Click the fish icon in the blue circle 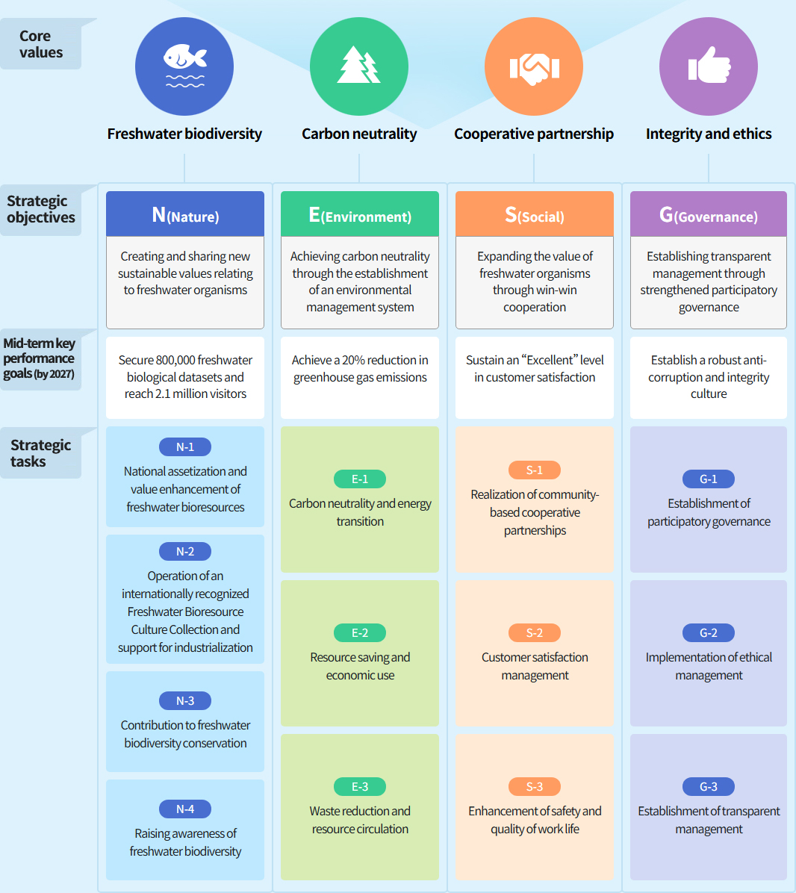[x=184, y=65]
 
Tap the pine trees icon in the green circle [x=359, y=65]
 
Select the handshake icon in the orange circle [x=534, y=67]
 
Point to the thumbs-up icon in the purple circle [x=709, y=66]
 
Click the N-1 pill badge [x=185, y=446]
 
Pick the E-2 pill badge [x=360, y=632]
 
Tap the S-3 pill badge [x=535, y=786]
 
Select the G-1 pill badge [x=709, y=479]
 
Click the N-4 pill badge [x=185, y=809]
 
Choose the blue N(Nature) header [x=185, y=215]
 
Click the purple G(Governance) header [x=709, y=215]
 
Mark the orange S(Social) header [x=535, y=215]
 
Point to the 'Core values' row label [x=40, y=44]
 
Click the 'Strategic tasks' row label [x=40, y=453]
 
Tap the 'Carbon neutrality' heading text [x=359, y=134]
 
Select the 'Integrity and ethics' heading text [x=709, y=134]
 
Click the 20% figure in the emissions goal [x=354, y=360]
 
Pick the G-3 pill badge [x=709, y=786]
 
